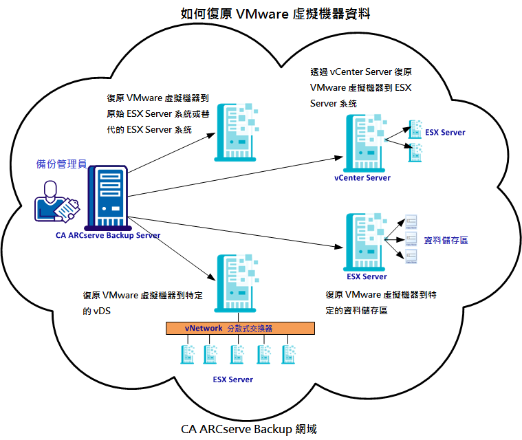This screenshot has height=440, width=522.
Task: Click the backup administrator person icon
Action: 56,201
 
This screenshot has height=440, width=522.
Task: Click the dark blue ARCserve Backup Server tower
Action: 107,197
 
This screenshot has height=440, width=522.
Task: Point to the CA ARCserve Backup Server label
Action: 108,236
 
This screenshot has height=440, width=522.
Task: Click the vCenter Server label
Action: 362,178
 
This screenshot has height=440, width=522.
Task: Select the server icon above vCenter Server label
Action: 363,142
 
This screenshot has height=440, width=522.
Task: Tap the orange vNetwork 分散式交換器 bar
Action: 240,329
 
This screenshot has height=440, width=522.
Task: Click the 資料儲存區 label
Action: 446,241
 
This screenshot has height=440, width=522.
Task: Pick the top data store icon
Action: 411,221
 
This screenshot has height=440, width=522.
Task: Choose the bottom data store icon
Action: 411,256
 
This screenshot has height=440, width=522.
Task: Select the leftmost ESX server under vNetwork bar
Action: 186,354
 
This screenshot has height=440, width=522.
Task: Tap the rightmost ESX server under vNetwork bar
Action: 290,354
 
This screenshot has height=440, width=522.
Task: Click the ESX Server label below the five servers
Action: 232,379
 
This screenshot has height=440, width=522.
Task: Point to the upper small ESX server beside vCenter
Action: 415,129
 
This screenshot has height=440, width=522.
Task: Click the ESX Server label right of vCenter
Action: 445,133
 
